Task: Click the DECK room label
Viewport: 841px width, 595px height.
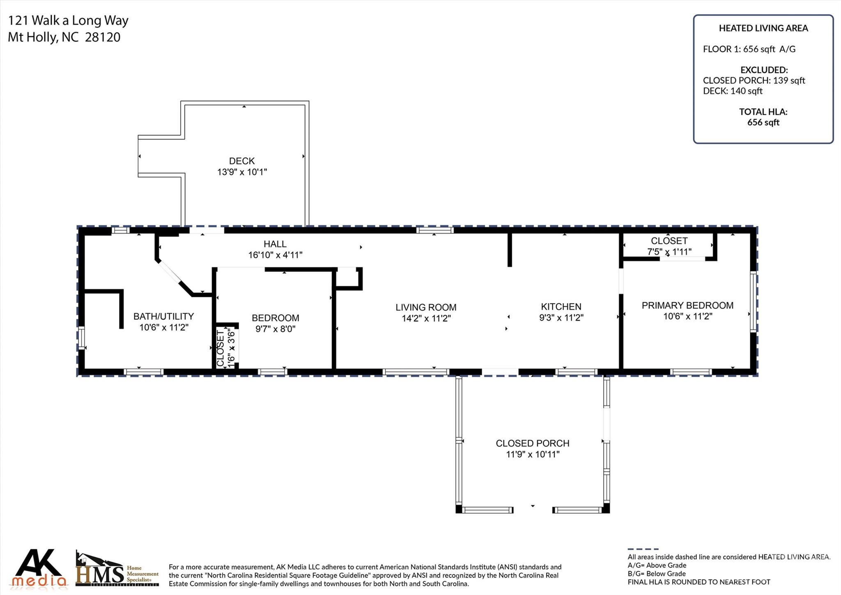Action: click(x=241, y=161)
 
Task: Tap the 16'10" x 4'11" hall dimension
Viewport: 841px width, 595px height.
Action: click(x=275, y=255)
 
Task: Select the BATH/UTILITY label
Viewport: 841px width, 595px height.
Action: click(x=163, y=316)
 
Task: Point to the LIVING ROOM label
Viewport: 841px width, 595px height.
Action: click(x=426, y=307)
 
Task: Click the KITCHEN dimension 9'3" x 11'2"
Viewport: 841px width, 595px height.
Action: click(x=561, y=317)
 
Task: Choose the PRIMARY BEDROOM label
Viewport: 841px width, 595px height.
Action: click(x=687, y=305)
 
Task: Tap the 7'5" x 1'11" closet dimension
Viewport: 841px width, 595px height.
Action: click(x=669, y=251)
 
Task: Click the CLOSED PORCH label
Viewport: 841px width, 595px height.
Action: click(x=532, y=443)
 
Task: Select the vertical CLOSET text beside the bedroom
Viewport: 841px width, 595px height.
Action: click(x=221, y=348)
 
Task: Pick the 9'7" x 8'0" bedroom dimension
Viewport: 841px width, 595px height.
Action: click(x=275, y=329)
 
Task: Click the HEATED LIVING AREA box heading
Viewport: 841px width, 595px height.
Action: click(x=763, y=28)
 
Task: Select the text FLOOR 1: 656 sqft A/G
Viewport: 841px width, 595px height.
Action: click(x=749, y=49)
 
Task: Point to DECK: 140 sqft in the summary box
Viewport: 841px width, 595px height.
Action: click(x=732, y=91)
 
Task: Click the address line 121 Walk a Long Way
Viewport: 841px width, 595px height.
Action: click(x=68, y=20)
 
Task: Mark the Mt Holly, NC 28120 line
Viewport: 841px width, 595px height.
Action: click(x=64, y=37)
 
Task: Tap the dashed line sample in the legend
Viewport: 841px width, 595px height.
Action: click(x=643, y=549)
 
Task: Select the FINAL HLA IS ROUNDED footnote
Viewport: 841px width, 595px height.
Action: click(x=699, y=582)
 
